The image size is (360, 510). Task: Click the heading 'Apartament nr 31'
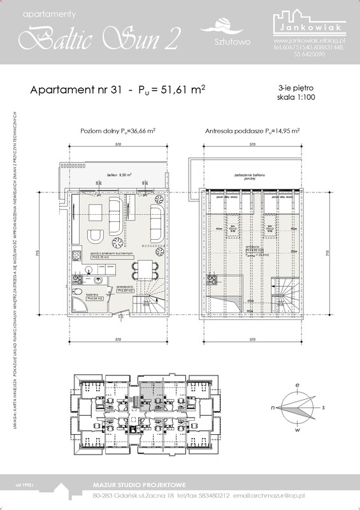click(x=75, y=91)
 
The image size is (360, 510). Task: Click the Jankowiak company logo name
click(x=310, y=29)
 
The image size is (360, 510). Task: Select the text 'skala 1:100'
click(x=296, y=98)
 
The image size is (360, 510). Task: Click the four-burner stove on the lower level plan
click(x=76, y=256)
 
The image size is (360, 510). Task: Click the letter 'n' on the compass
click(x=273, y=406)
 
